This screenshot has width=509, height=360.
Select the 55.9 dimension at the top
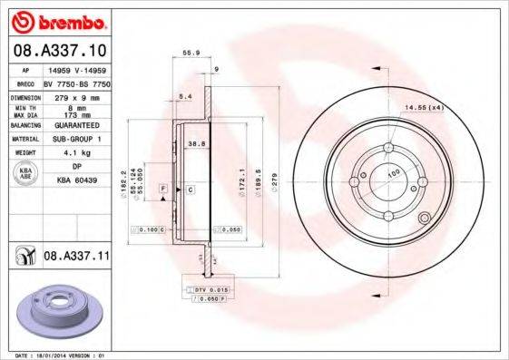click(191, 54)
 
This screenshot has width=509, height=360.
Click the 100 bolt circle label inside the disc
click(394, 171)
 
